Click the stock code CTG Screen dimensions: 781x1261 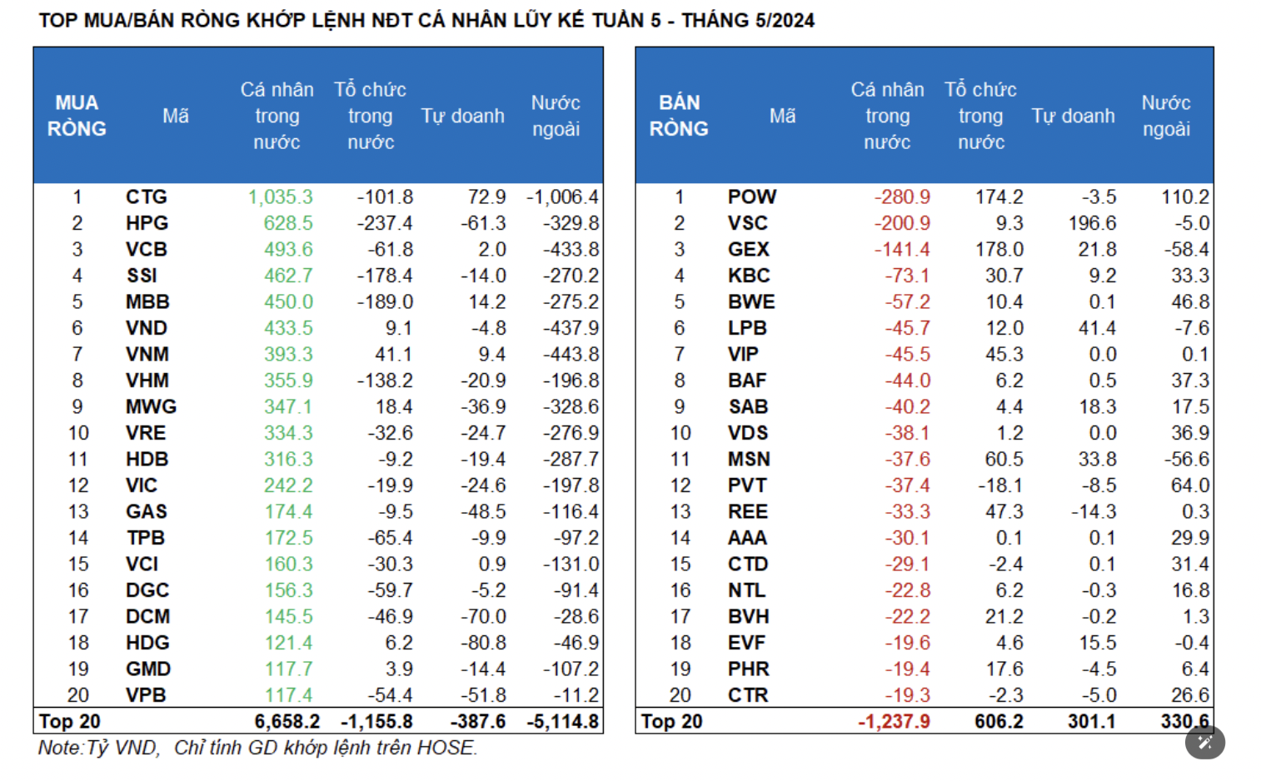(x=147, y=197)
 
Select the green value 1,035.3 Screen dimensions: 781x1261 (x=281, y=197)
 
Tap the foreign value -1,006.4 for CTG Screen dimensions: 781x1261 (x=562, y=197)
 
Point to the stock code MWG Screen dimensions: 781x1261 (x=151, y=407)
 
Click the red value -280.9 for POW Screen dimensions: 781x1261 (x=902, y=197)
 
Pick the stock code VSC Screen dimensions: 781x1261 (x=747, y=223)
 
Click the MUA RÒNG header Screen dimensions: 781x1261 (x=77, y=116)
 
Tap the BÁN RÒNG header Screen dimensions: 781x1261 (x=679, y=116)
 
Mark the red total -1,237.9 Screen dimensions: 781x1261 (x=894, y=722)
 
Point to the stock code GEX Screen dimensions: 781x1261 (x=748, y=250)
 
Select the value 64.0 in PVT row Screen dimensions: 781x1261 (x=1190, y=485)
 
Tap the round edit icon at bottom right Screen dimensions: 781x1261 (x=1204, y=742)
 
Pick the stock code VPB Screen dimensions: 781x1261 (x=146, y=695)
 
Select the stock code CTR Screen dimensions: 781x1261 (x=748, y=695)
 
